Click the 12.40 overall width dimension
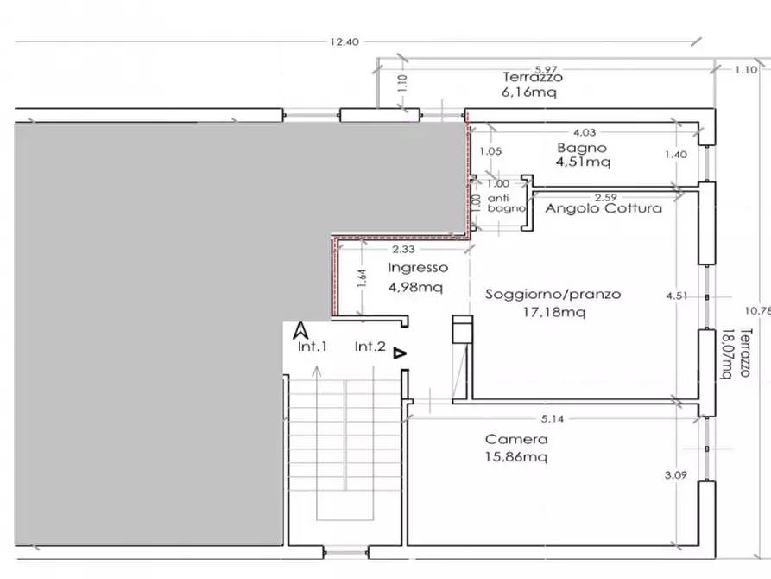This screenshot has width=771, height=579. click(344, 41)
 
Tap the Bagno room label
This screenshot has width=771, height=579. click(582, 148)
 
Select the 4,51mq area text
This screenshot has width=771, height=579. click(583, 162)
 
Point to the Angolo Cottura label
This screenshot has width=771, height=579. click(604, 208)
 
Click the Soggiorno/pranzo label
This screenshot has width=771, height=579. click(553, 294)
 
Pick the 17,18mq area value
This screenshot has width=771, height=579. click(554, 312)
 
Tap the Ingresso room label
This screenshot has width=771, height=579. click(418, 268)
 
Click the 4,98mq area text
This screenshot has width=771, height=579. click(415, 287)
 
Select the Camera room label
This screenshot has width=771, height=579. click(516, 439)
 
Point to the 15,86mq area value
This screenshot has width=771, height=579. click(515, 457)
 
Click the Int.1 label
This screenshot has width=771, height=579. click(313, 347)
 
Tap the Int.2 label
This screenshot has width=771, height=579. click(370, 347)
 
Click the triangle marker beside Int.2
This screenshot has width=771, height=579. click(400, 353)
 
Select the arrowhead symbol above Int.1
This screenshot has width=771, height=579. click(301, 330)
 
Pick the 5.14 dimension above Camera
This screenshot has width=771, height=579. click(553, 419)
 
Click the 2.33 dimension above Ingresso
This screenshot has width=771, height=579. click(403, 250)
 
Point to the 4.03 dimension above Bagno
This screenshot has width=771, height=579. click(585, 132)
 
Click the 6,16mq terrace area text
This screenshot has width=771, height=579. click(529, 92)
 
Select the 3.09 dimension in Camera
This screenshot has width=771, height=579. click(676, 475)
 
